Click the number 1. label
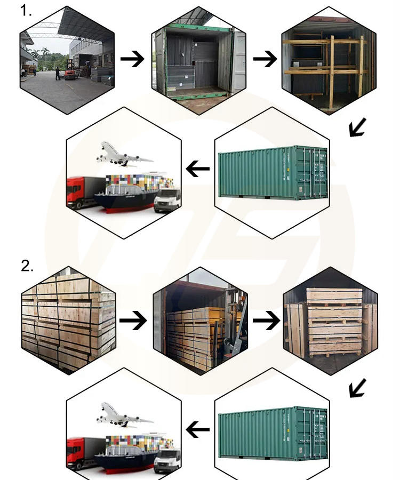pos(26,11)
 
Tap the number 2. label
pos(27,266)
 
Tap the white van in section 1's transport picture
pos(167,199)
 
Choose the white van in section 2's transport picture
pos(167,460)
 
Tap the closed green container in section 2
pos(273,433)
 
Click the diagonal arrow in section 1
pos(357,127)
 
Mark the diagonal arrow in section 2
pos(357,388)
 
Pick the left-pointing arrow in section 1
pos(198,170)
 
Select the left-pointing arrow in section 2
pos(198,429)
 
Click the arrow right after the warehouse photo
pos(132,59)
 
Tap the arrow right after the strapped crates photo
pos(133,321)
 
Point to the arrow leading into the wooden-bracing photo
pos(265,59)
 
